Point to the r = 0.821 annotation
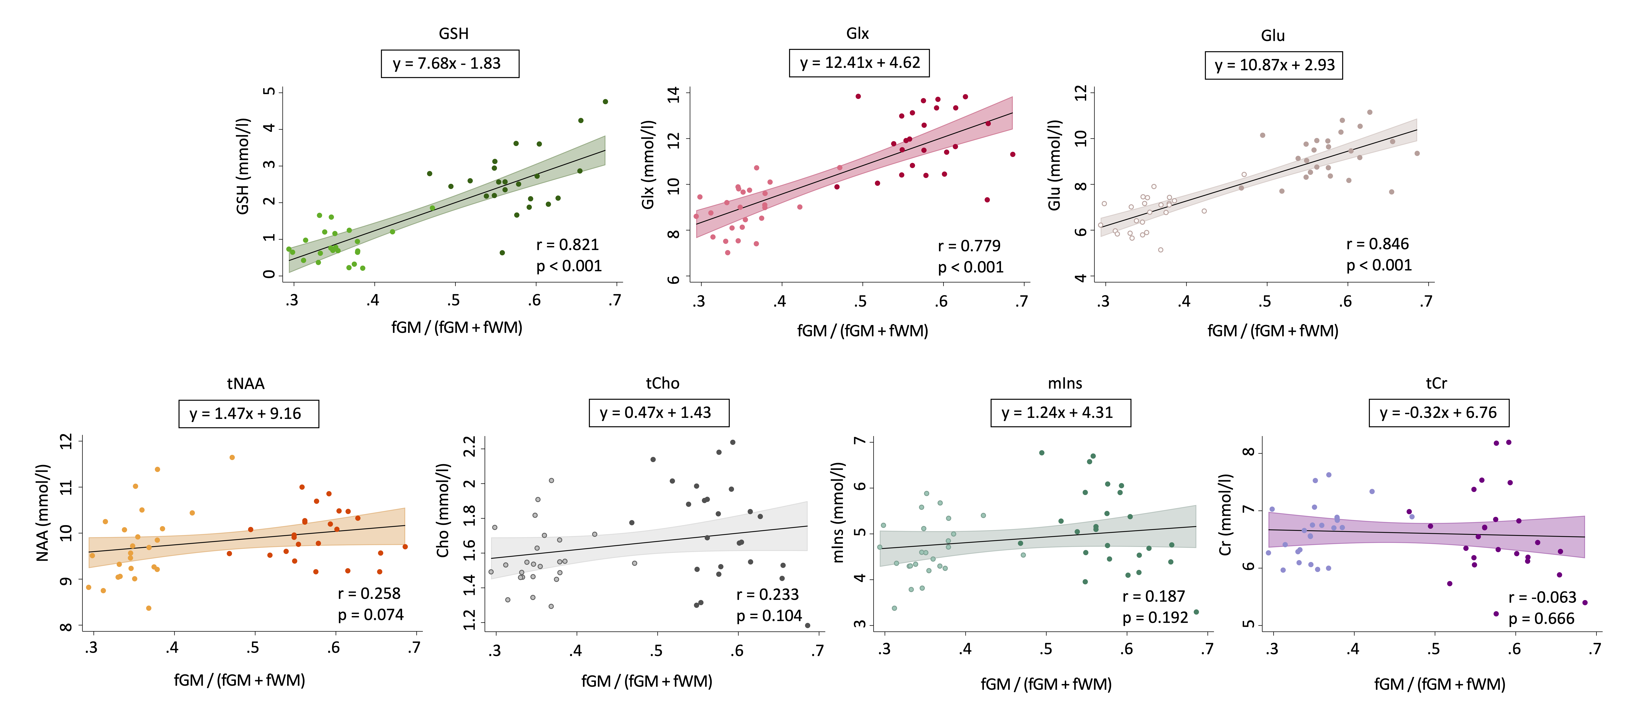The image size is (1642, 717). tap(567, 245)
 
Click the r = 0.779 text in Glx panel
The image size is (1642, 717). tap(969, 246)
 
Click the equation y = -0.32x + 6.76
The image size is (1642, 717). tap(1438, 413)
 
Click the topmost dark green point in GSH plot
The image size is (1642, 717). tap(605, 101)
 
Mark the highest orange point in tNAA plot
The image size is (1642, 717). tap(232, 457)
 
